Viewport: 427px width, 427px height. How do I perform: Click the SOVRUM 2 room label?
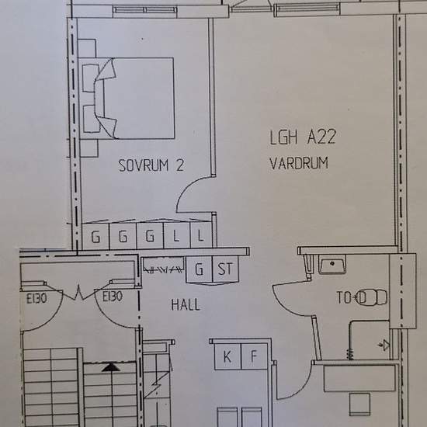(151, 165)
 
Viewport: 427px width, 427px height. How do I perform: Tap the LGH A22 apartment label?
(303, 137)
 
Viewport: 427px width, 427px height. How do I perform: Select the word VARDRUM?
(299, 163)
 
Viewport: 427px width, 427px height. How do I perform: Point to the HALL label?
(186, 304)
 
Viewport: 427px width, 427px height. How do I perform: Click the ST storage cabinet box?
(225, 269)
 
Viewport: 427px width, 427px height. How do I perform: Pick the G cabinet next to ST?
(199, 269)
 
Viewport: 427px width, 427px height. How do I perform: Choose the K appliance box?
(227, 356)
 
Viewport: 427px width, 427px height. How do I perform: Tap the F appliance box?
(255, 356)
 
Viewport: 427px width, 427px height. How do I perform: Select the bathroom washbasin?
(332, 264)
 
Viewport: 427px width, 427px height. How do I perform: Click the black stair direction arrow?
(111, 367)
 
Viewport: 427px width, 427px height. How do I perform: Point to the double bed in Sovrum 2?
(127, 99)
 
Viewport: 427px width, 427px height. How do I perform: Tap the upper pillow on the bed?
(90, 78)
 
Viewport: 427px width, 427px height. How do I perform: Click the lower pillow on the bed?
(92, 119)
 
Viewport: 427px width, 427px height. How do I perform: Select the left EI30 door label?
(36, 299)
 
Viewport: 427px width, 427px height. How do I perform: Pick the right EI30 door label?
(113, 297)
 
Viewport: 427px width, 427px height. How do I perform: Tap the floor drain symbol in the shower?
(384, 345)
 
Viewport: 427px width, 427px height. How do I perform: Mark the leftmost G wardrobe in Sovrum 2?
(95, 236)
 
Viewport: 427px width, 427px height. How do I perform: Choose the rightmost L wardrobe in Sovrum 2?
(201, 235)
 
